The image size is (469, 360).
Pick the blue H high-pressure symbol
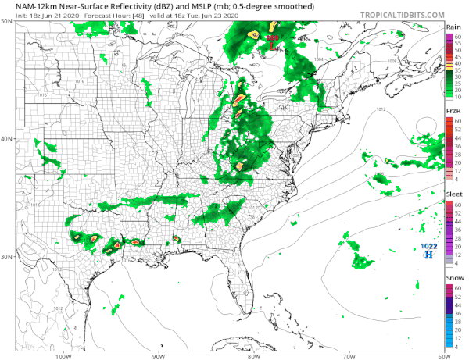click(x=428, y=255)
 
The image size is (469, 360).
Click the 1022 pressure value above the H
click(x=428, y=247)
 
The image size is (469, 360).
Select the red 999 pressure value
click(x=272, y=37)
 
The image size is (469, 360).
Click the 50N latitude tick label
click(x=7, y=22)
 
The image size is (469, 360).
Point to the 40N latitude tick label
click(x=7, y=139)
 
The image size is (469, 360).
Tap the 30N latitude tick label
click(x=7, y=256)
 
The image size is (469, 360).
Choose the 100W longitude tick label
click(x=64, y=356)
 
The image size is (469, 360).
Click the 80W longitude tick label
click(x=253, y=356)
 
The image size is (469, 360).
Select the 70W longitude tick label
click(x=348, y=356)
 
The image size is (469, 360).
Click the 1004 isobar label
click(x=318, y=60)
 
